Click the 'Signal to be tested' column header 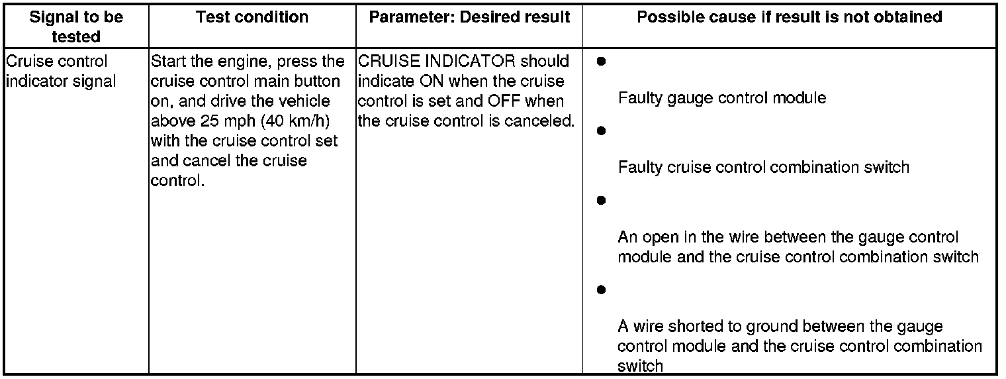(76, 26)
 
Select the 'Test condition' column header (252, 17)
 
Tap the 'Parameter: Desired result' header (469, 17)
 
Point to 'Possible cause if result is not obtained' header (789, 17)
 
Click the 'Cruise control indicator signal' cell (56, 72)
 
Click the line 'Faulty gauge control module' (721, 99)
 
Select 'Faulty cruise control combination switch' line (763, 167)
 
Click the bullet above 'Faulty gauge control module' (601, 62)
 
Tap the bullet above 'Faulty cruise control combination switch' (601, 131)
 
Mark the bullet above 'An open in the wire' (601, 199)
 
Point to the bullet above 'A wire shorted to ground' (601, 290)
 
